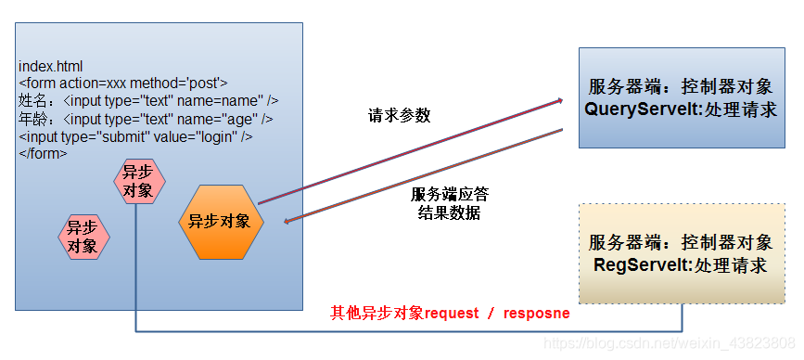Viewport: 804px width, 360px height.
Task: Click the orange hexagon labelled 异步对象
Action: (220, 222)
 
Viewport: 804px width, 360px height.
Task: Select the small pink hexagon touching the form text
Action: (139, 183)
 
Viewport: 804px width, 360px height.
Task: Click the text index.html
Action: (50, 67)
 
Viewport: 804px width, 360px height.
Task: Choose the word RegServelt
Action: (633, 265)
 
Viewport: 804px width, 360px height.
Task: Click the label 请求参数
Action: (399, 116)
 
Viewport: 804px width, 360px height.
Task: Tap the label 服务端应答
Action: (449, 195)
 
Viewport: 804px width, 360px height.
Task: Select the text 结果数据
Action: (449, 212)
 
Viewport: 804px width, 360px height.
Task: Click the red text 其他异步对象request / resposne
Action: (450, 314)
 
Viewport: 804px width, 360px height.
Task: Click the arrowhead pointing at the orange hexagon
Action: (288, 221)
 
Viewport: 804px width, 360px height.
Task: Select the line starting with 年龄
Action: (146, 119)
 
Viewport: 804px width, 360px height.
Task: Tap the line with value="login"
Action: (135, 136)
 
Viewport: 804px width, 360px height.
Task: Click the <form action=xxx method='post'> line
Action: (122, 84)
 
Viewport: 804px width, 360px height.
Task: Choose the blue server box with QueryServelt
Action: (680, 97)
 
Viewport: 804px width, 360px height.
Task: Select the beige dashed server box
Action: (680, 253)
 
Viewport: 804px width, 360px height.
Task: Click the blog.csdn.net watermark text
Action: (669, 344)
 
